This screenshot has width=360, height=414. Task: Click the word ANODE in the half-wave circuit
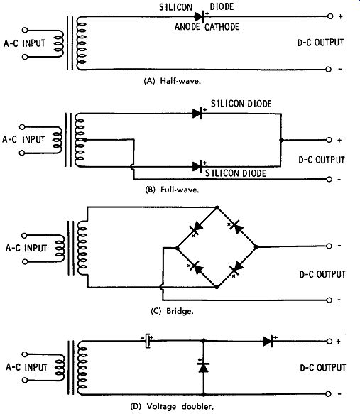(x=187, y=26)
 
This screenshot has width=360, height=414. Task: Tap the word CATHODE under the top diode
(x=222, y=27)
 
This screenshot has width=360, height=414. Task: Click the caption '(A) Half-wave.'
(x=172, y=81)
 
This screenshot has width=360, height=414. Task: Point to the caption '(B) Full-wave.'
(x=172, y=190)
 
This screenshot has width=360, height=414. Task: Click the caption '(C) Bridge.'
(x=172, y=311)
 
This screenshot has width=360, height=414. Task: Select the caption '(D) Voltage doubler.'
(x=172, y=406)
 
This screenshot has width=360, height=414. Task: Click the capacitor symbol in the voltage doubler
(x=148, y=341)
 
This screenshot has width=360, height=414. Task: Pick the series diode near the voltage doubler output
(x=268, y=342)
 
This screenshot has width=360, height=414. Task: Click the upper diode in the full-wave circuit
(x=197, y=114)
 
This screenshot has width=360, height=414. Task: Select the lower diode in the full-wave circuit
(x=197, y=167)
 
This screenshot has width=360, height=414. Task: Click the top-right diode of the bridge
(x=236, y=227)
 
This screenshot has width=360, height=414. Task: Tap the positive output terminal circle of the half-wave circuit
(x=329, y=16)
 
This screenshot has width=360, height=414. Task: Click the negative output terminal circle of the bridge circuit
(x=329, y=246)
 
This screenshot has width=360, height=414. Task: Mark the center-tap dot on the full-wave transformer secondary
(x=85, y=140)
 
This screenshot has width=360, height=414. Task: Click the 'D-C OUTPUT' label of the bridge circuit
(x=322, y=274)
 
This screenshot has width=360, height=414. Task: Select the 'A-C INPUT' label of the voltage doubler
(x=26, y=367)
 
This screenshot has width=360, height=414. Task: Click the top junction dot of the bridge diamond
(x=217, y=208)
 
